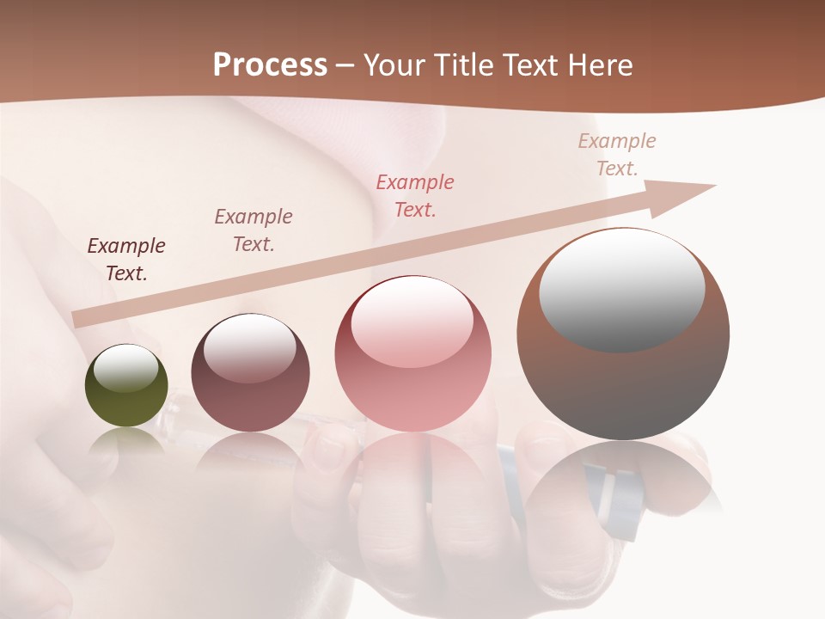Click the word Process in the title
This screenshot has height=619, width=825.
(270, 65)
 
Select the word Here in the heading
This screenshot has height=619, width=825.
(598, 65)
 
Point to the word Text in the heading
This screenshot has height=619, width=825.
(530, 65)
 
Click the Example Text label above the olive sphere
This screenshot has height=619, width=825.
(126, 260)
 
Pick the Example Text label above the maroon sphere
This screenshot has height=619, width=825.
(254, 230)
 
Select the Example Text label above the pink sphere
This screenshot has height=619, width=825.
(415, 195)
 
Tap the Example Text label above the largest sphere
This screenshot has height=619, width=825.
(617, 154)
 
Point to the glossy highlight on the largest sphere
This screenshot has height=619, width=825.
(621, 288)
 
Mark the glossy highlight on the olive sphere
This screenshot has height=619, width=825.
(125, 368)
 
